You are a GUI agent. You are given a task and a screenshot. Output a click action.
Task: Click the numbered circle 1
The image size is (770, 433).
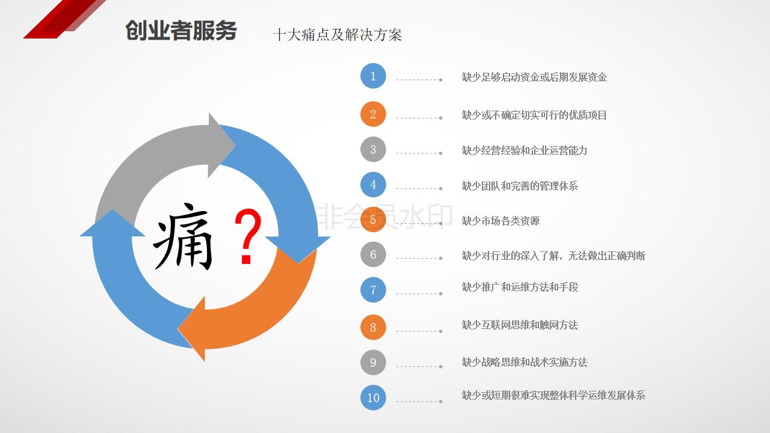[373, 76]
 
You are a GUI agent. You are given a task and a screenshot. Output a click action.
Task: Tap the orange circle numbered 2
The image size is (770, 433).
[373, 114]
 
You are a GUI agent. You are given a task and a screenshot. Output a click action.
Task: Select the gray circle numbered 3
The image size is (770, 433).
[373, 150]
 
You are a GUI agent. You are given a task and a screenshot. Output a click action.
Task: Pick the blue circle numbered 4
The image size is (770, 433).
[373, 185]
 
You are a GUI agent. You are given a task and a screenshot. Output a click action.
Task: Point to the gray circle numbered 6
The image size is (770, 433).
[373, 255]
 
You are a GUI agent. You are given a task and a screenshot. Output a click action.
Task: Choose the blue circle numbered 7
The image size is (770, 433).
[373, 290]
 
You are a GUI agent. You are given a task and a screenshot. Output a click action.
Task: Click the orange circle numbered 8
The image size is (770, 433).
[373, 328]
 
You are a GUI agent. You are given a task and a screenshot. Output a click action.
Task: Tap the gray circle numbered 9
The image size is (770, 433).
[373, 363]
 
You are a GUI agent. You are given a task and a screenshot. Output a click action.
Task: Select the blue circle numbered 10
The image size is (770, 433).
[373, 398]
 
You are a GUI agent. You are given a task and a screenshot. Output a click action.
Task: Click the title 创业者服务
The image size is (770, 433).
[181, 31]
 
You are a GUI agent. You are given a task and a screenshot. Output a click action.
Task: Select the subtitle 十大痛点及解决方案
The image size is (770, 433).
[337, 35]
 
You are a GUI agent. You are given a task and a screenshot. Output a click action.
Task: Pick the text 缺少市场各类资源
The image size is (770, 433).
[500, 221]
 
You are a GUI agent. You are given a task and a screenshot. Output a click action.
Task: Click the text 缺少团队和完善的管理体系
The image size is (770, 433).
[520, 186]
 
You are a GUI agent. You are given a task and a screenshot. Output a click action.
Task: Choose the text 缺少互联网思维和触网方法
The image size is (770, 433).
[520, 325]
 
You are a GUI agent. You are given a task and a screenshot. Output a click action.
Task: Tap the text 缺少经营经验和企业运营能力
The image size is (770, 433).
[525, 150]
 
